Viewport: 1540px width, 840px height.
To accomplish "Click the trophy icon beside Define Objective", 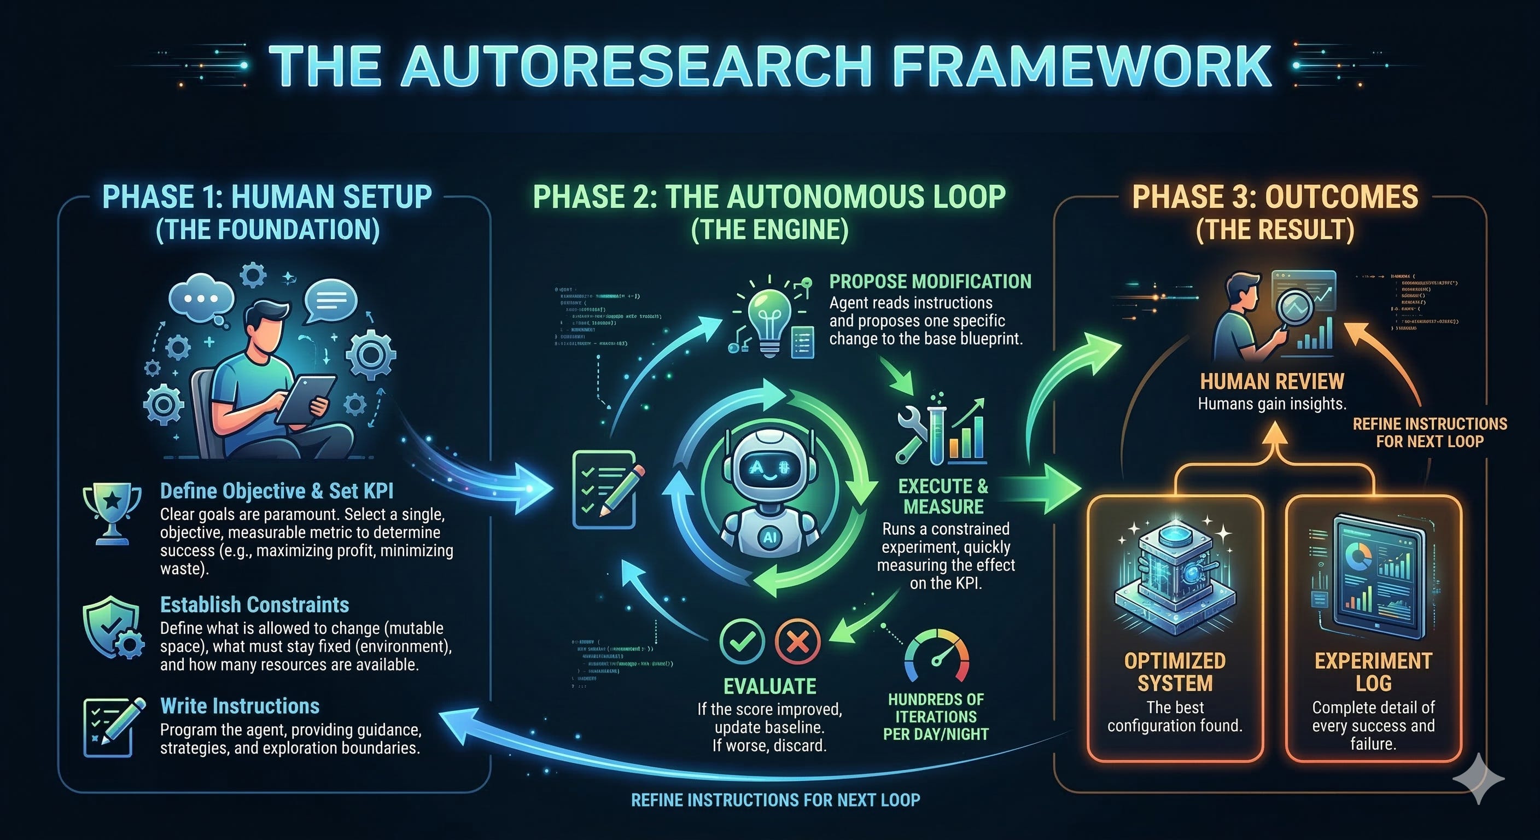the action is point(112,512).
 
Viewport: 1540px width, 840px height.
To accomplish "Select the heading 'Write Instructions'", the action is point(240,706).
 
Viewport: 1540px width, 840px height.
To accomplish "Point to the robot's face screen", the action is point(770,469).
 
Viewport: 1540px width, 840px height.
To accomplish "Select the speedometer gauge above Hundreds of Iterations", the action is point(936,658).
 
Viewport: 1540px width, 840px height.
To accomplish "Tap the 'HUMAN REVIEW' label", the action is point(1272,381).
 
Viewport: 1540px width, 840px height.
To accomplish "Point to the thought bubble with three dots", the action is point(201,297).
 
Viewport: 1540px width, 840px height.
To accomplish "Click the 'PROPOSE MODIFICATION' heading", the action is point(930,282).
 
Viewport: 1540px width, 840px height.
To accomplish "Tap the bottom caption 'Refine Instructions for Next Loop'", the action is point(775,800).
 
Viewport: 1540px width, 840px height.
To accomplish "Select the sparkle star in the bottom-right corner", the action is point(1478,778).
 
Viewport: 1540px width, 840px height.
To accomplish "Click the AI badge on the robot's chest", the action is point(769,537).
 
